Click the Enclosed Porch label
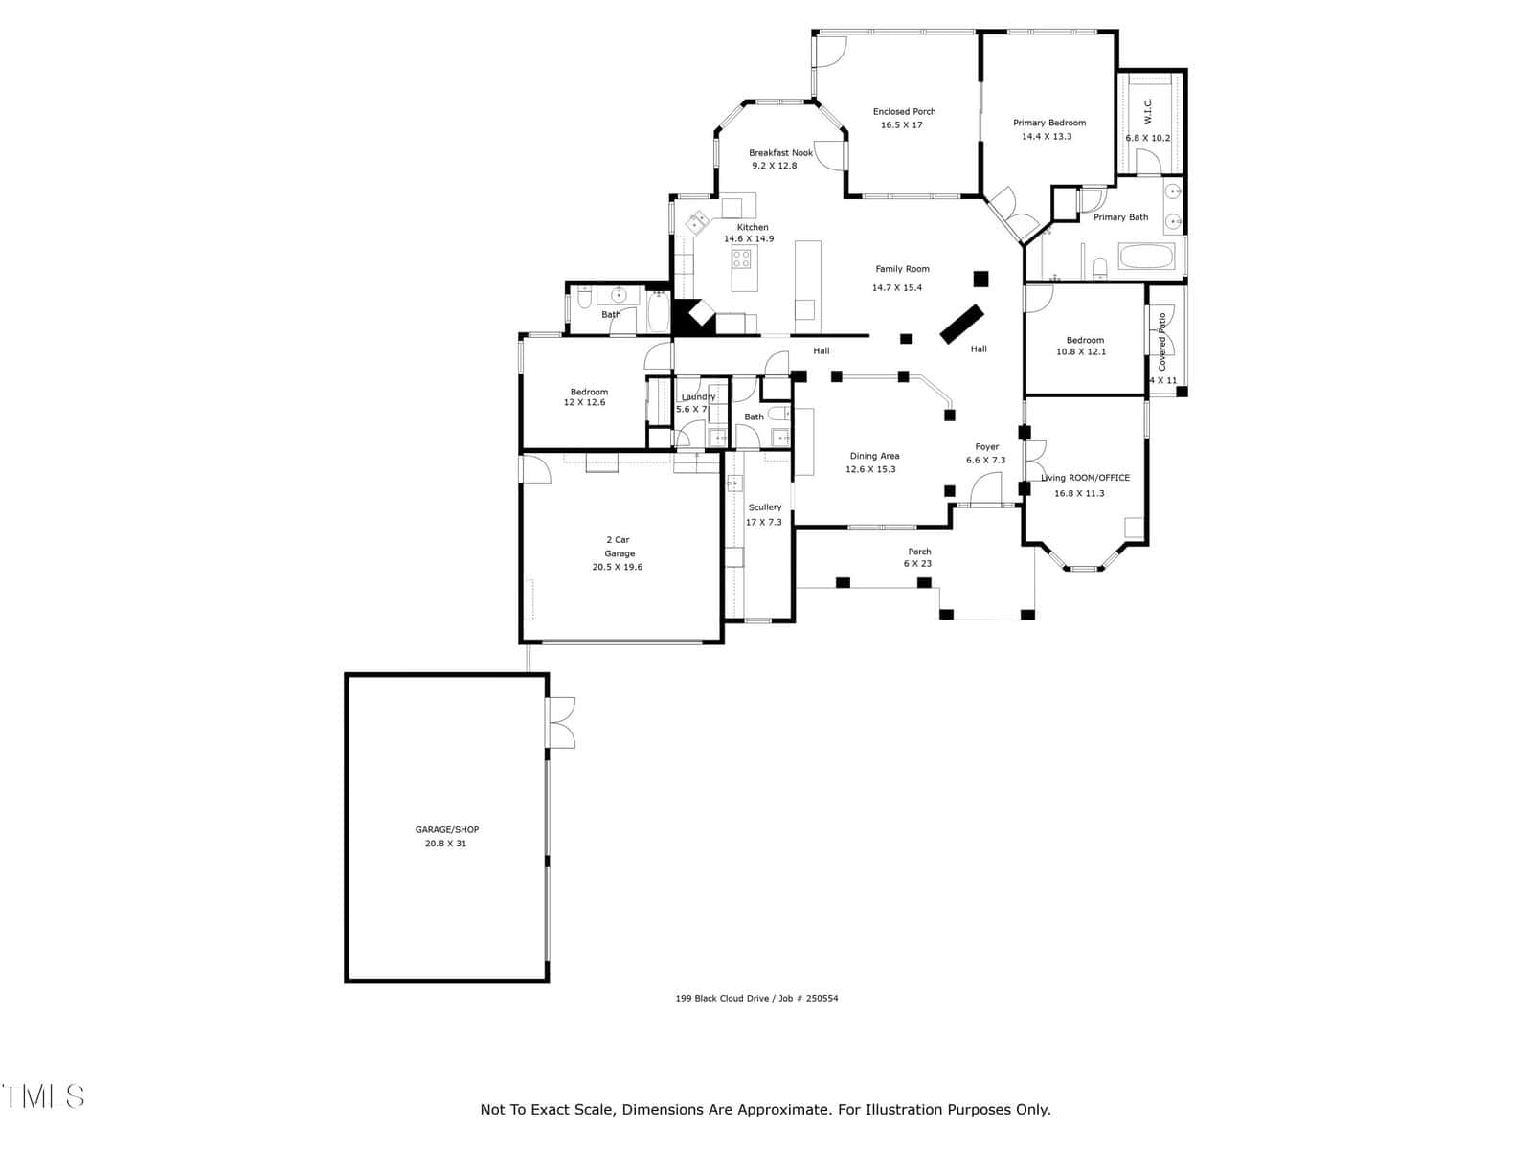click(904, 112)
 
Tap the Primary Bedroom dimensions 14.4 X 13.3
click(1047, 137)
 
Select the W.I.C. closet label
click(1147, 112)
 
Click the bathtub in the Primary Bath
click(1146, 256)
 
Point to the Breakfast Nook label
click(780, 153)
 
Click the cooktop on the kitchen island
click(741, 259)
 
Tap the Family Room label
click(902, 269)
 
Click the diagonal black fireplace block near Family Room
click(961, 325)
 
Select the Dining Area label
click(874, 457)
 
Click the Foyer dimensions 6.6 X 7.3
click(985, 461)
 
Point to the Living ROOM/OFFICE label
click(1085, 478)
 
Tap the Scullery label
click(764, 507)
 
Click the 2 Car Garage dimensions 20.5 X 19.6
click(617, 567)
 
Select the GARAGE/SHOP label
click(447, 829)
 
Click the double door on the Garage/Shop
click(561, 723)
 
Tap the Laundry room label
click(698, 397)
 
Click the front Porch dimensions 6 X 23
click(917, 564)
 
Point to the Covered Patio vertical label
click(1162, 342)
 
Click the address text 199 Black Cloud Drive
click(725, 999)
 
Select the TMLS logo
click(43, 1096)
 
